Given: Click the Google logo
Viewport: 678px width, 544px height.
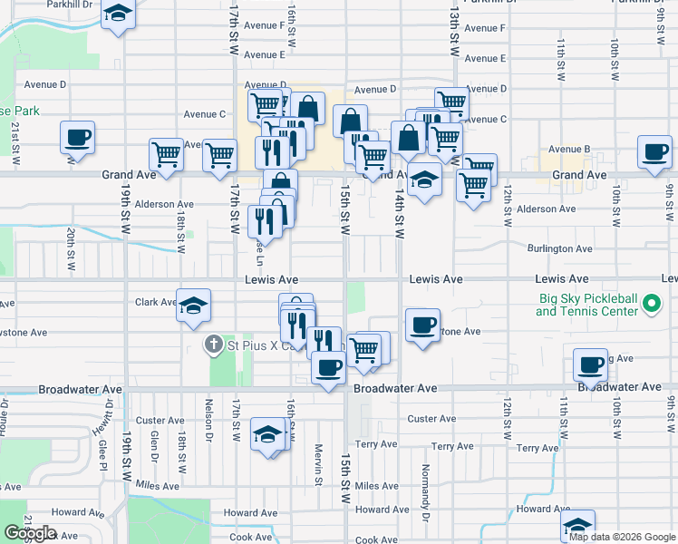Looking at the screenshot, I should click(x=30, y=533).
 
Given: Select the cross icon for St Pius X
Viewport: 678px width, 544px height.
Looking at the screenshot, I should click(x=214, y=345).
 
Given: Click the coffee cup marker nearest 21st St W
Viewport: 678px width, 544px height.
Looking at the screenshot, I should click(x=77, y=138).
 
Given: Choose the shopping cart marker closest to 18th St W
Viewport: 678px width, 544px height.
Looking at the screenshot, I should click(x=167, y=155).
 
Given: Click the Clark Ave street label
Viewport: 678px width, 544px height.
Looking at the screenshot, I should click(x=155, y=302).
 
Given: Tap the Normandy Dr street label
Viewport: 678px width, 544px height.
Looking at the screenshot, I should click(x=424, y=486).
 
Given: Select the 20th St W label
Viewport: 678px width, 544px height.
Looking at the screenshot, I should click(x=70, y=244).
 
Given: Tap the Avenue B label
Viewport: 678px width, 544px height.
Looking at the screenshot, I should click(x=569, y=149).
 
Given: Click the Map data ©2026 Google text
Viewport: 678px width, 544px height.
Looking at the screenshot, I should click(x=622, y=536).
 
